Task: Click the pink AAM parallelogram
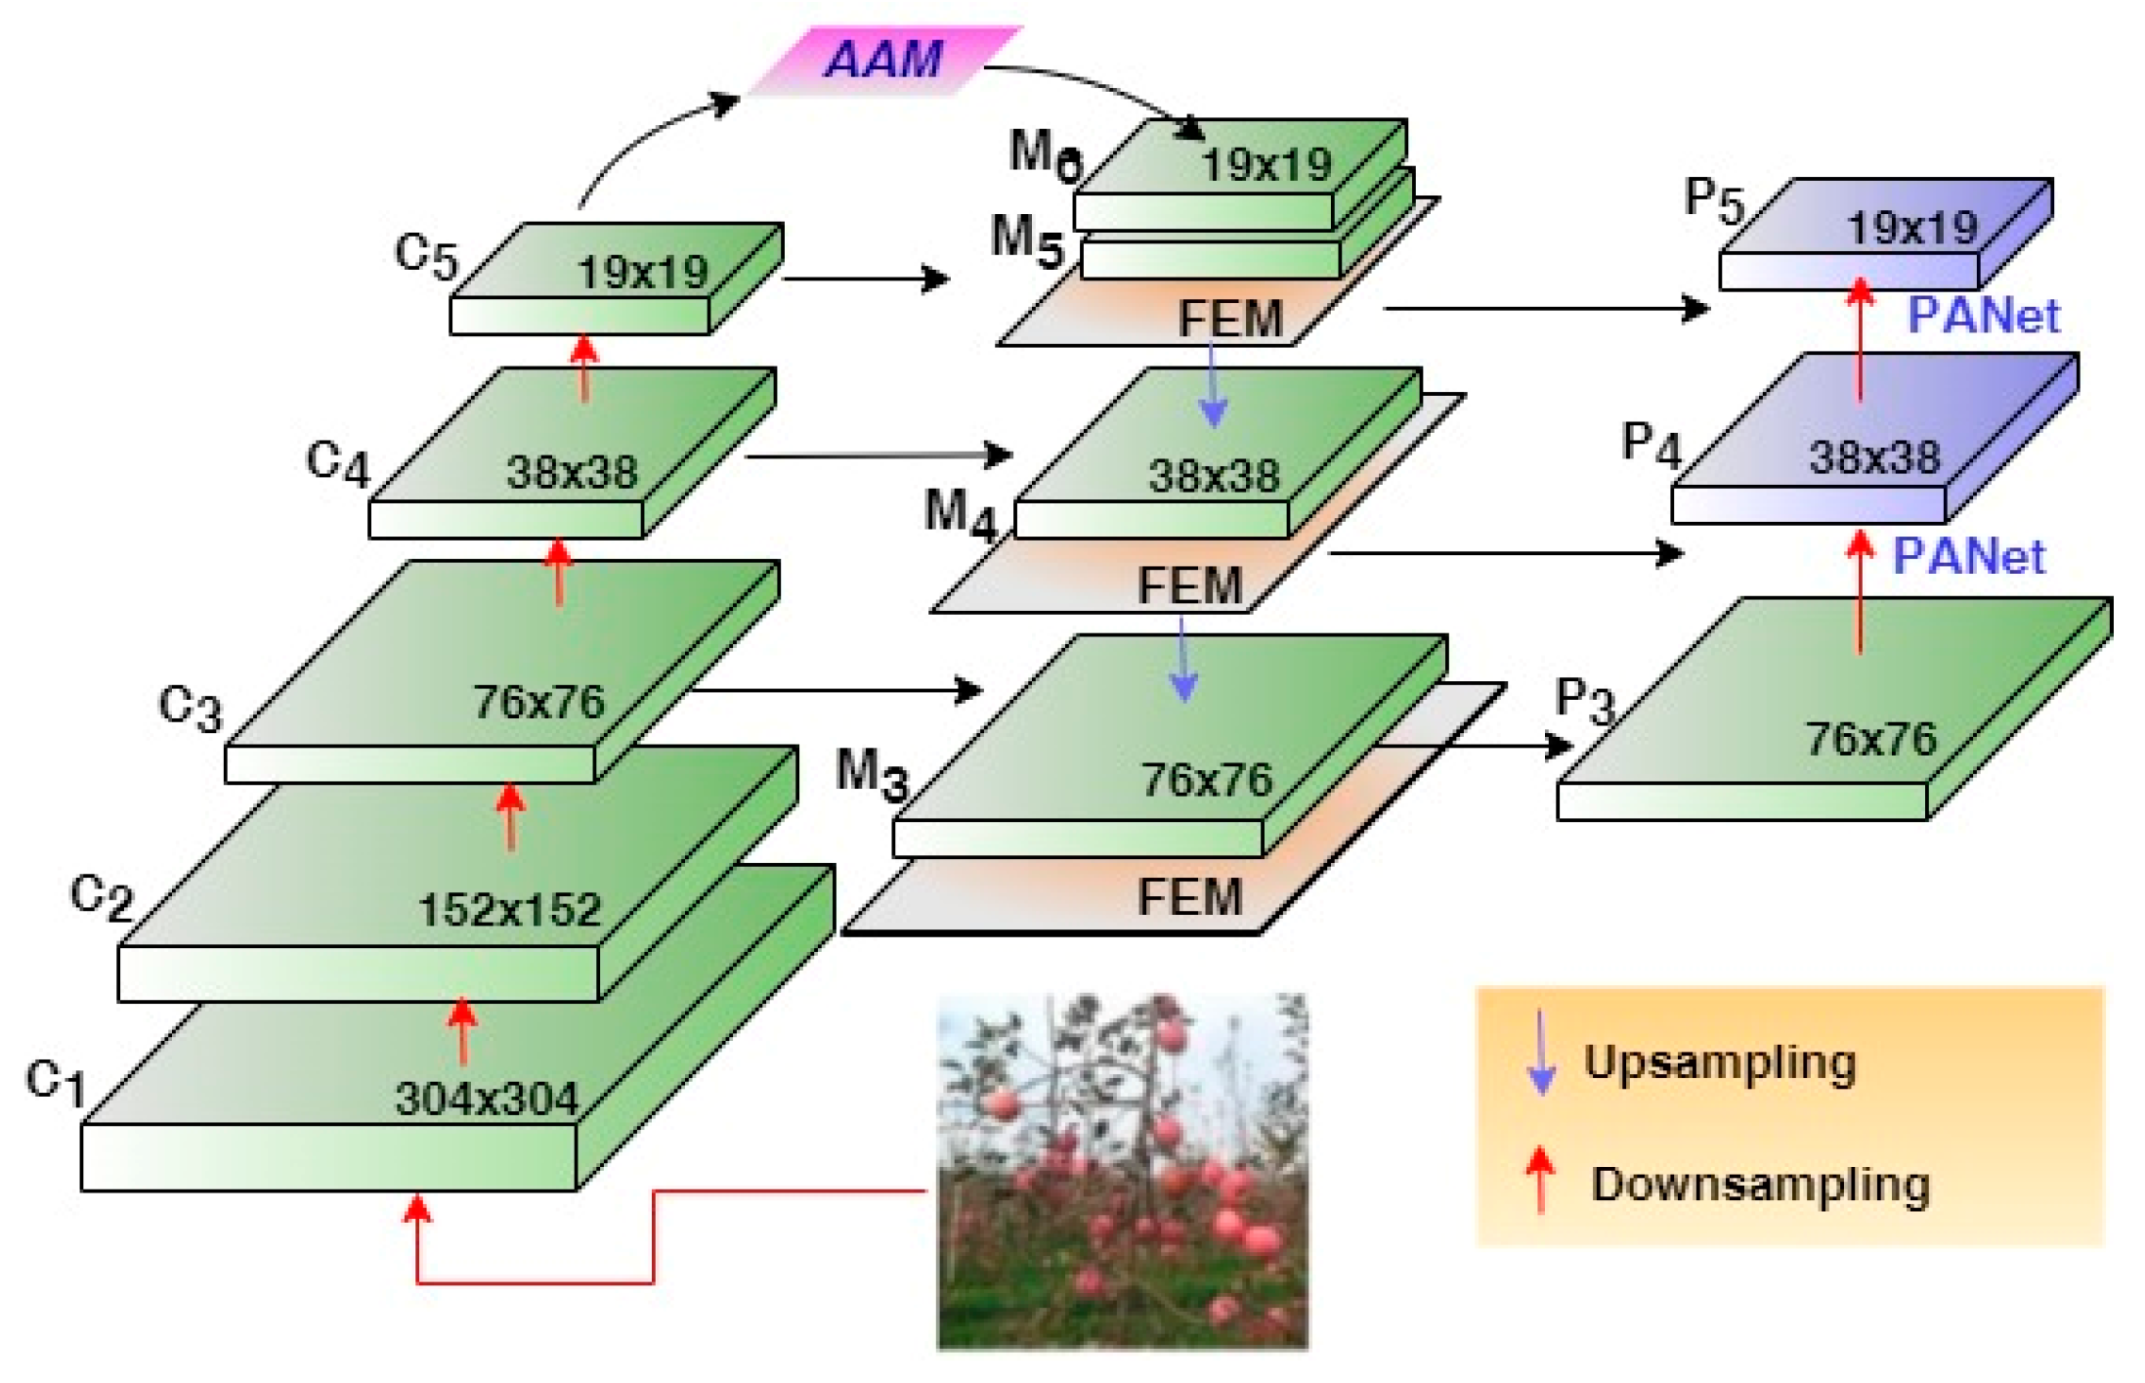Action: point(884,61)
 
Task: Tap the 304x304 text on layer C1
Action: point(487,1099)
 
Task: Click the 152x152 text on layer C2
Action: point(509,910)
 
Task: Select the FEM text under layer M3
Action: point(1189,896)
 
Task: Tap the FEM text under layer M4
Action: point(1189,585)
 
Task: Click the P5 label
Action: point(1714,200)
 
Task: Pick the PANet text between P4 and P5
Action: point(1984,316)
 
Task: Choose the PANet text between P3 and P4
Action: point(1969,556)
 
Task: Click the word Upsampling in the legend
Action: point(1720,1062)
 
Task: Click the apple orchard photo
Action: point(1122,1172)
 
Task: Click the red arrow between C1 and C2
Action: point(462,1031)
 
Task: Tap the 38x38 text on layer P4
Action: point(1873,457)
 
